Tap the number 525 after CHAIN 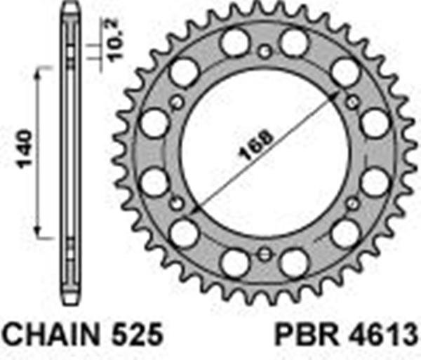click(139, 333)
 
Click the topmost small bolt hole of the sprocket click(264, 51)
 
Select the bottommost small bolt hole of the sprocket click(264, 255)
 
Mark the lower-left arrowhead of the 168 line click(192, 211)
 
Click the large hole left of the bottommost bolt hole click(233, 262)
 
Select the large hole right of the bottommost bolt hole click(295, 262)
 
